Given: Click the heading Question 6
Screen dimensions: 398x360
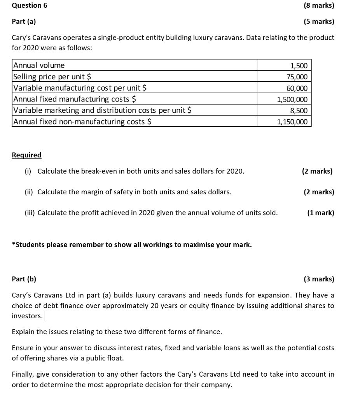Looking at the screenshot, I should (x=27, y=5).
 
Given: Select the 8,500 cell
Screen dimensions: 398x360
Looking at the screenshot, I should (x=299, y=111).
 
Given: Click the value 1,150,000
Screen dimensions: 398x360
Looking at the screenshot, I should (x=292, y=122).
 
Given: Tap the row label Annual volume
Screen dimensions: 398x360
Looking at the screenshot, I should (x=39, y=65).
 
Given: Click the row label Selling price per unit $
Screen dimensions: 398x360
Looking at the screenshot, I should (x=52, y=77).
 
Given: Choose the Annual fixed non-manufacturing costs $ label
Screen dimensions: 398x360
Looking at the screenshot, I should (x=82, y=122).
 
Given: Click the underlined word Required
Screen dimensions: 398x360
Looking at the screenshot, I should (x=26, y=155).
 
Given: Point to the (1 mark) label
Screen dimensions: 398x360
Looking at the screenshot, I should (x=320, y=213).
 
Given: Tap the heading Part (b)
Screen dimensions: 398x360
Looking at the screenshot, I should (x=24, y=279).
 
